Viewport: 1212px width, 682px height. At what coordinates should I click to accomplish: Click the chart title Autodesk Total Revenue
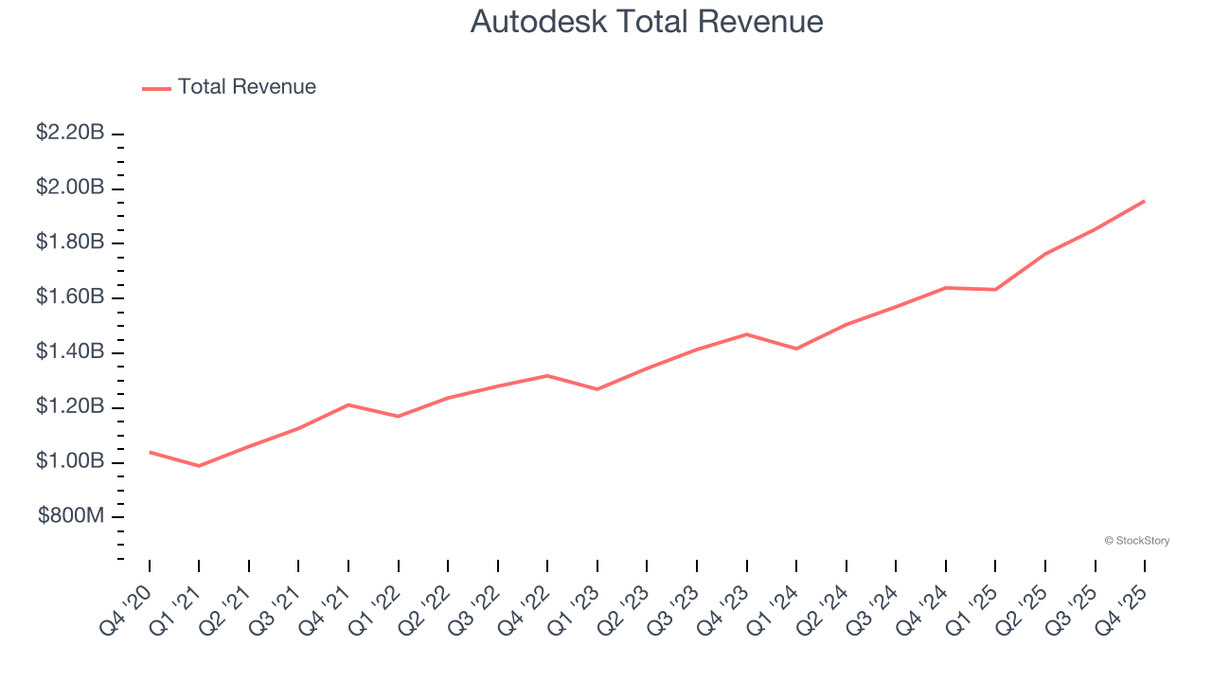click(x=646, y=22)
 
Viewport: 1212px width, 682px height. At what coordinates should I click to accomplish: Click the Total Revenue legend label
click(x=246, y=87)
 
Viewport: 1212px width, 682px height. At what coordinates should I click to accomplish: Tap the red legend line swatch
click(x=156, y=88)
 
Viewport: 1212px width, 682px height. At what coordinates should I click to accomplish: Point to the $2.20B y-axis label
click(x=70, y=133)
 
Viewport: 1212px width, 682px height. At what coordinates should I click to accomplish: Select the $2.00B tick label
click(x=70, y=188)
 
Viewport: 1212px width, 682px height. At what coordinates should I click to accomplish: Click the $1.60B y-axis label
click(x=70, y=297)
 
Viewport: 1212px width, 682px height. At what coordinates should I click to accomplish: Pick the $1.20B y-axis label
click(x=70, y=407)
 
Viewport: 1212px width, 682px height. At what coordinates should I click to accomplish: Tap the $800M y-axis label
click(x=72, y=516)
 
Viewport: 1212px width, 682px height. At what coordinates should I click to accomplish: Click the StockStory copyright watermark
click(x=1136, y=541)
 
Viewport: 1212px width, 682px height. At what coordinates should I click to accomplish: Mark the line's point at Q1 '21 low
click(x=199, y=466)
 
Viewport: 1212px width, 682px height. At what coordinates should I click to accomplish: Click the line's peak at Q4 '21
click(x=348, y=404)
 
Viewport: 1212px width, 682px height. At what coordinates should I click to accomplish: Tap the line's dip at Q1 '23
click(x=597, y=389)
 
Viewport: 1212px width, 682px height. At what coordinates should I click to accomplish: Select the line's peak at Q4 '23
click(x=747, y=334)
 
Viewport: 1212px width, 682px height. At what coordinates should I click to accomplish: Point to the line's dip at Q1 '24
click(x=796, y=349)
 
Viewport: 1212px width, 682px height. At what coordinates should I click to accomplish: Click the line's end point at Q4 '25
click(x=1144, y=201)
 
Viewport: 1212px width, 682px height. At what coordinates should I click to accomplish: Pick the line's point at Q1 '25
click(x=995, y=289)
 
